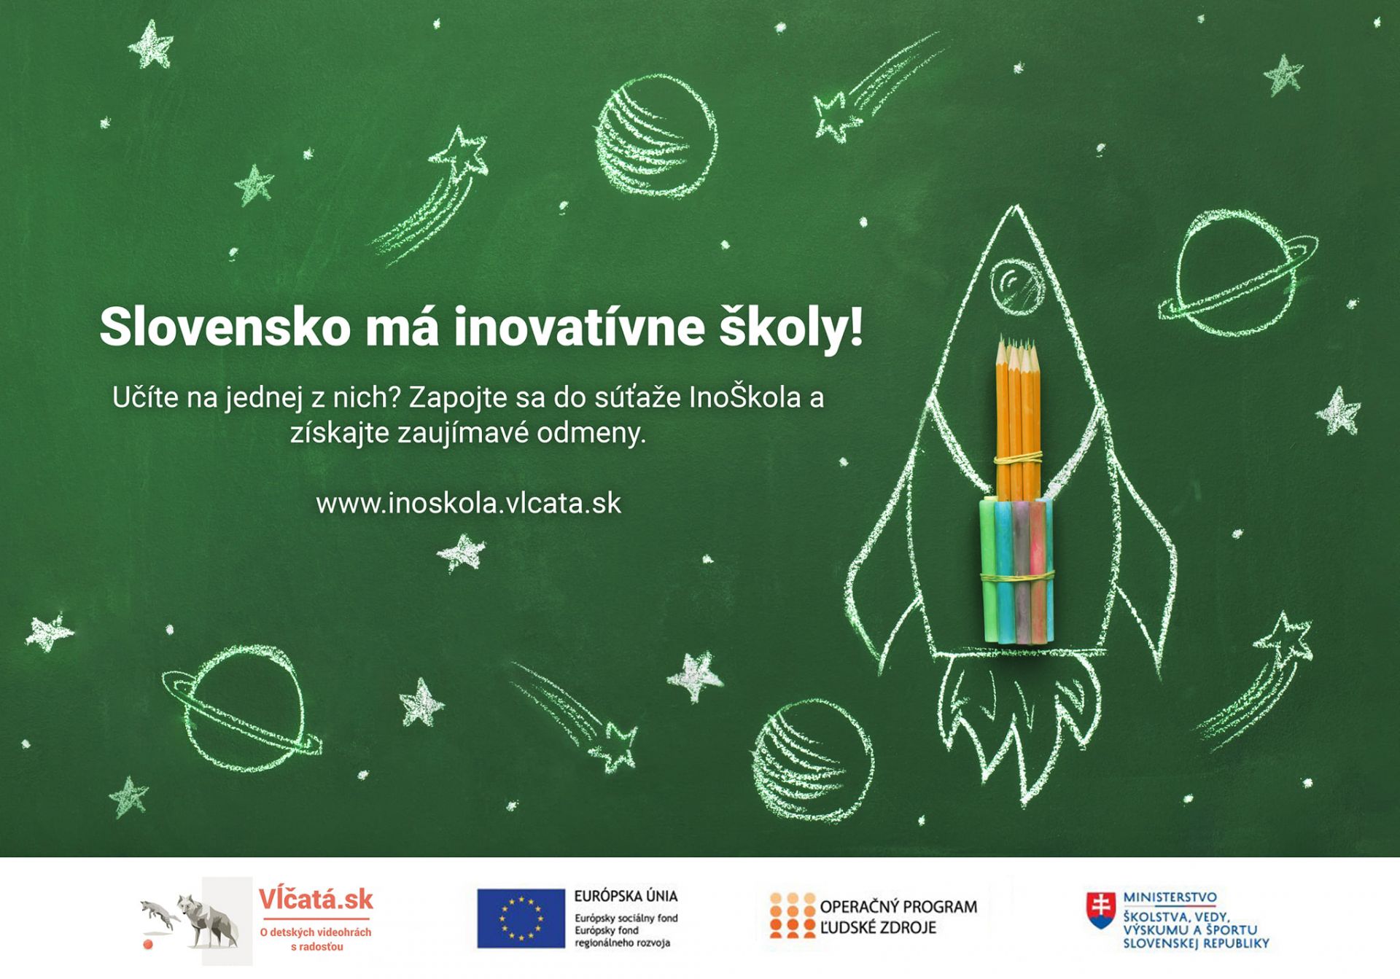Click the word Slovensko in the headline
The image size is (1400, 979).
click(225, 327)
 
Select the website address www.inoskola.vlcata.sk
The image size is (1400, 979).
click(469, 504)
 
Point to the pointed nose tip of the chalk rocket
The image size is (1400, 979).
click(1014, 207)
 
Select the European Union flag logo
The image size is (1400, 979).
click(521, 918)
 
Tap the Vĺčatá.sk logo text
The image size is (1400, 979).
click(316, 900)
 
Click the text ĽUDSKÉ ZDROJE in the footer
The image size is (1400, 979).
click(878, 928)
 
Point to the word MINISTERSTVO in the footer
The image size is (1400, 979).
click(1170, 897)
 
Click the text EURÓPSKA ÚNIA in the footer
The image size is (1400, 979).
click(626, 896)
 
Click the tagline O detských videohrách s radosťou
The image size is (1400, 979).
click(316, 939)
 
